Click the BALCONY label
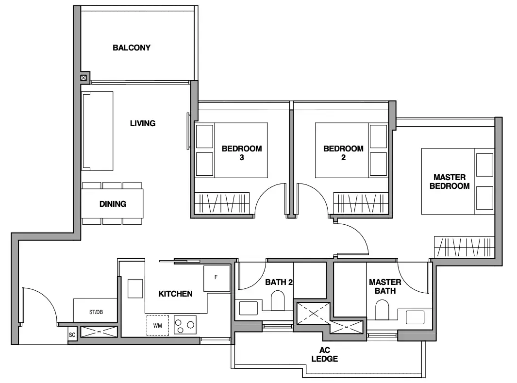click(132, 48)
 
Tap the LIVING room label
click(143, 123)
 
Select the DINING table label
click(113, 204)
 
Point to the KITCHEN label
click(175, 294)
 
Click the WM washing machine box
click(158, 325)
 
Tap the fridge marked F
click(217, 278)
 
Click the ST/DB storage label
click(96, 312)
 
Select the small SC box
click(72, 335)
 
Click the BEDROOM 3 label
click(242, 153)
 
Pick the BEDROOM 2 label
click(343, 153)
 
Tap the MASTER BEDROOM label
click(450, 182)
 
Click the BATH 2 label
click(279, 282)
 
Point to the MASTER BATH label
click(385, 286)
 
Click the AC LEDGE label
click(325, 354)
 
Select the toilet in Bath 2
click(278, 300)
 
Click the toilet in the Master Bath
click(382, 310)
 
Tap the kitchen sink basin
click(135, 288)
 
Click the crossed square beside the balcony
click(84, 78)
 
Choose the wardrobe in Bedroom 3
click(222, 203)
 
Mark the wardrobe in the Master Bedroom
click(464, 247)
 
